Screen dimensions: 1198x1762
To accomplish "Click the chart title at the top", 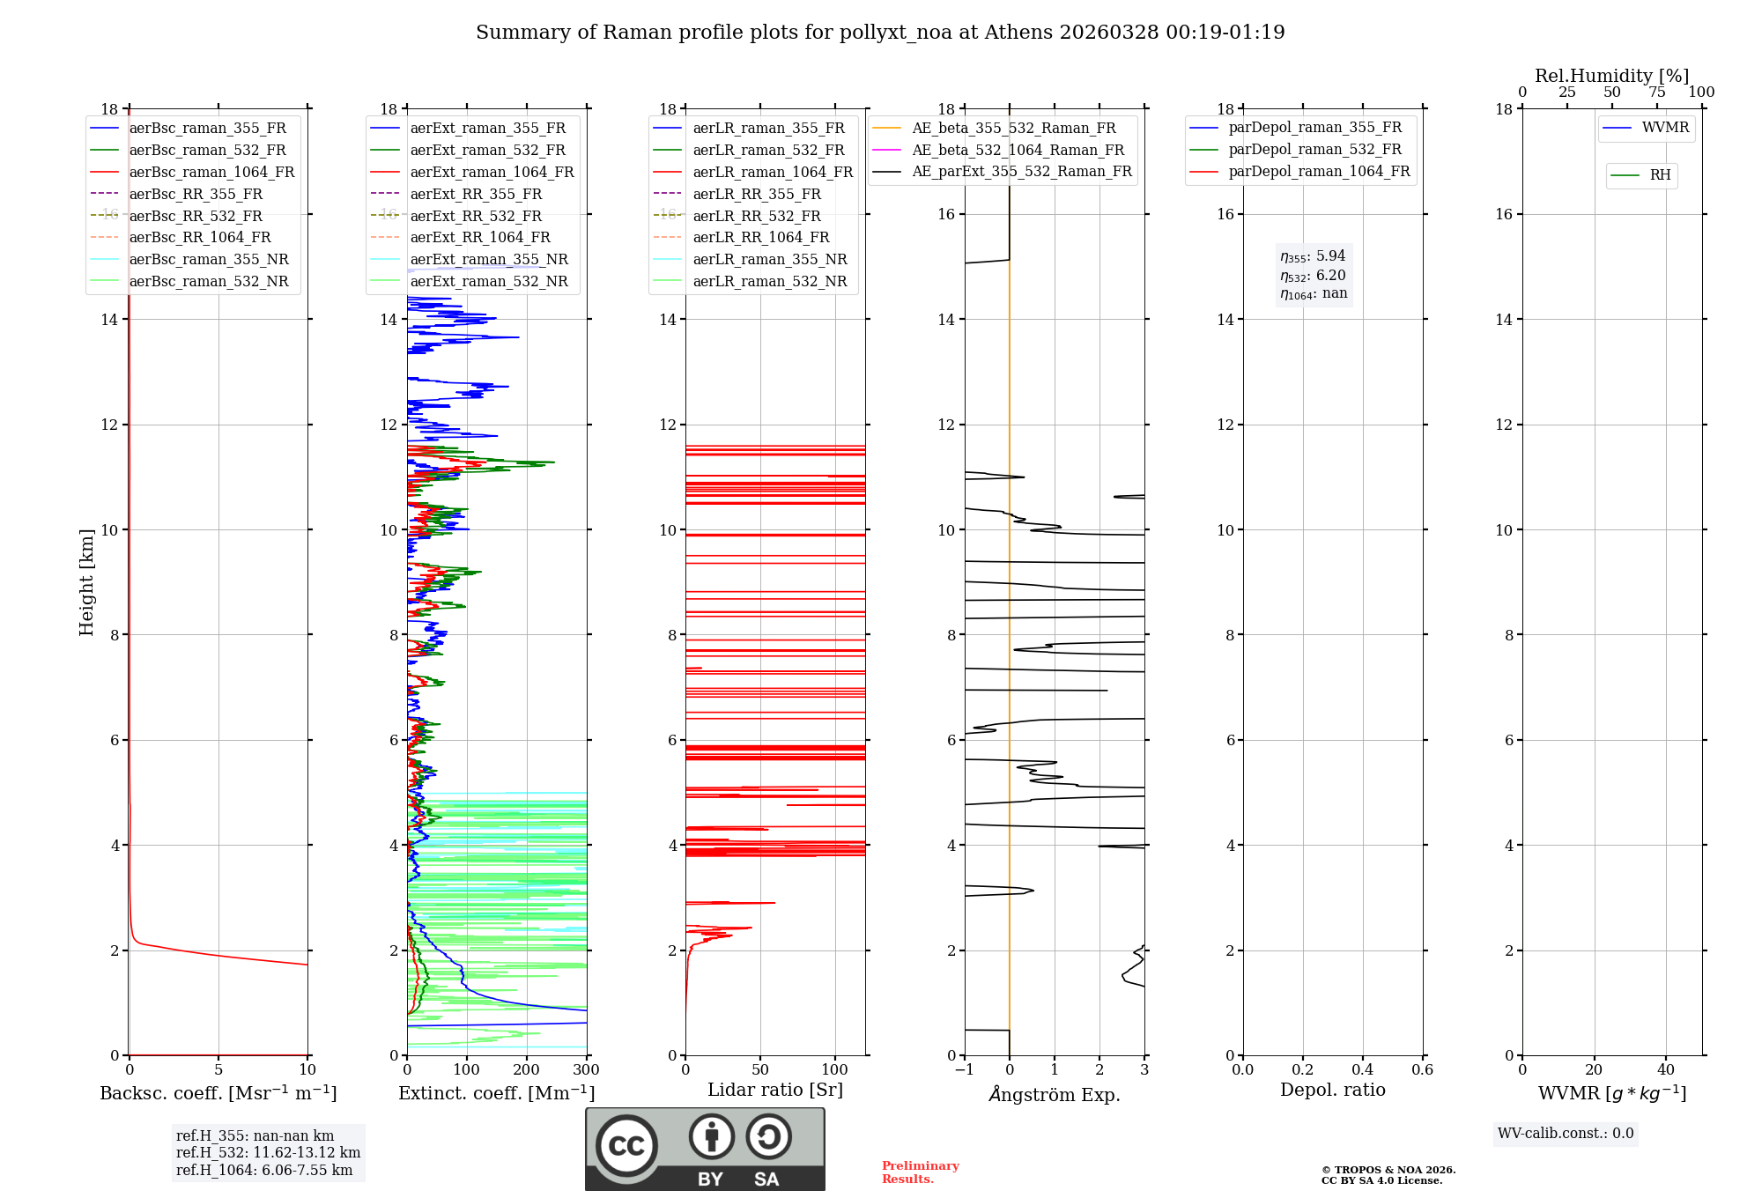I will (x=880, y=33).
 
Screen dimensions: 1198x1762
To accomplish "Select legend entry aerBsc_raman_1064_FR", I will (x=211, y=172).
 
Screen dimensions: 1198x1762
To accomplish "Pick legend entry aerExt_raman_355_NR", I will (x=489, y=259).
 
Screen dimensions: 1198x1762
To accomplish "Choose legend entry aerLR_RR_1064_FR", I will (x=760, y=237).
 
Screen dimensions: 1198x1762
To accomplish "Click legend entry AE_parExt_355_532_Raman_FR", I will (x=1021, y=171).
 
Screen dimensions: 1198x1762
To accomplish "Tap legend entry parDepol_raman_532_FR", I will (x=1314, y=150).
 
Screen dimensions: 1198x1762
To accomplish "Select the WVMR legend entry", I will (x=1665, y=128).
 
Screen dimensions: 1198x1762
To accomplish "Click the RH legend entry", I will (x=1660, y=175).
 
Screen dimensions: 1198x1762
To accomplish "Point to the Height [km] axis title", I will (x=86, y=582).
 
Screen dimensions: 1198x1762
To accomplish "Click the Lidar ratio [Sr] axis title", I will (x=775, y=1090).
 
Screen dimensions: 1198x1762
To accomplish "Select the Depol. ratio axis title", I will (x=1332, y=1090).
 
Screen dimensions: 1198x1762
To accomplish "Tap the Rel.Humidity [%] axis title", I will (x=1611, y=76).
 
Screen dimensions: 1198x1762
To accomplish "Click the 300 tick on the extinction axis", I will (x=586, y=1070).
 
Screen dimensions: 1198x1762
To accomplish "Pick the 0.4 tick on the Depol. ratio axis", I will (x=1362, y=1070).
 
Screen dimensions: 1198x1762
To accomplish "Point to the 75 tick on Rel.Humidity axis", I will (x=1656, y=92).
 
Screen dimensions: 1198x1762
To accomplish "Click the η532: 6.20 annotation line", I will (x=1313, y=275).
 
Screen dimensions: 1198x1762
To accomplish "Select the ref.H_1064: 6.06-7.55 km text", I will (x=264, y=1170).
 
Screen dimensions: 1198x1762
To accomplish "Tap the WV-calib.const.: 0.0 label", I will (x=1566, y=1134).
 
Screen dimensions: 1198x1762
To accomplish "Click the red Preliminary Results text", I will (x=920, y=1172).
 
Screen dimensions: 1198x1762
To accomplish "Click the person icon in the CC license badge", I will (x=711, y=1137).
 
